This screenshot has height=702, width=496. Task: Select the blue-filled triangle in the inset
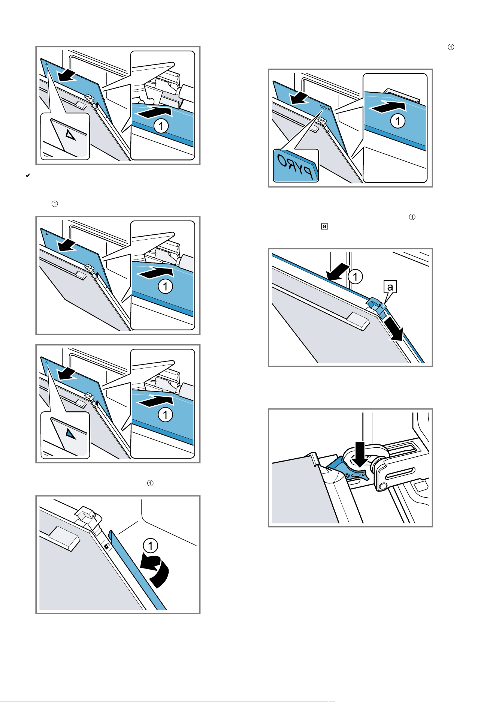70,433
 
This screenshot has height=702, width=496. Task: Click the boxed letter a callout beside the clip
390,287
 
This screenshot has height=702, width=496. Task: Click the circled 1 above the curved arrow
151,546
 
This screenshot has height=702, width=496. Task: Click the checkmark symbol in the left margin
27,175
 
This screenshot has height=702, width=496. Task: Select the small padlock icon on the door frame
106,546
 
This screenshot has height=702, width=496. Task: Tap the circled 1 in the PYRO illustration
398,121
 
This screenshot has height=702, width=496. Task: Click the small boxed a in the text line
324,226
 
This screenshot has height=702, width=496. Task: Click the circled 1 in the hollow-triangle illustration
161,126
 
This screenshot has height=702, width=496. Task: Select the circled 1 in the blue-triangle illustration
165,415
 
